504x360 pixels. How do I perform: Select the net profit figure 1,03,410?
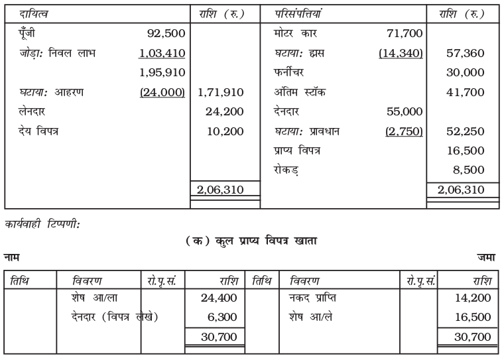[161, 52]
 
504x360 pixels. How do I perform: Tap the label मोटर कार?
[296, 32]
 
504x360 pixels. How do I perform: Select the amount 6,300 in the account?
[223, 318]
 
